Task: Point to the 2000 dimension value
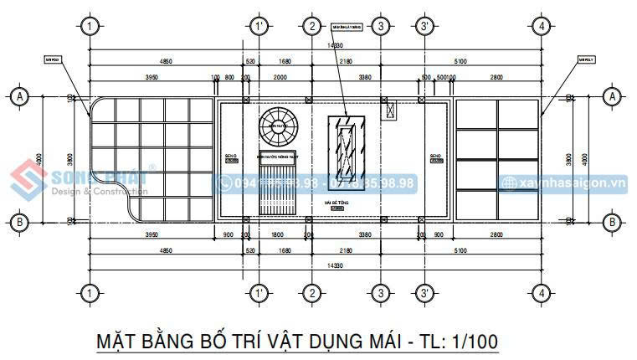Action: click(x=280, y=77)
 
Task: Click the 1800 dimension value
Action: click(x=280, y=235)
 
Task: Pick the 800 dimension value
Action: click(x=229, y=77)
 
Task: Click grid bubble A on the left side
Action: click(x=18, y=97)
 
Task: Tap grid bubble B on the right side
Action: click(x=613, y=222)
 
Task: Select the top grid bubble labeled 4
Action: click(x=543, y=26)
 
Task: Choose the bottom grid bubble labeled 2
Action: click(x=311, y=293)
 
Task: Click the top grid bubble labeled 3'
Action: click(x=425, y=26)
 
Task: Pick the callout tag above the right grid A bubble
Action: click(x=585, y=59)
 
